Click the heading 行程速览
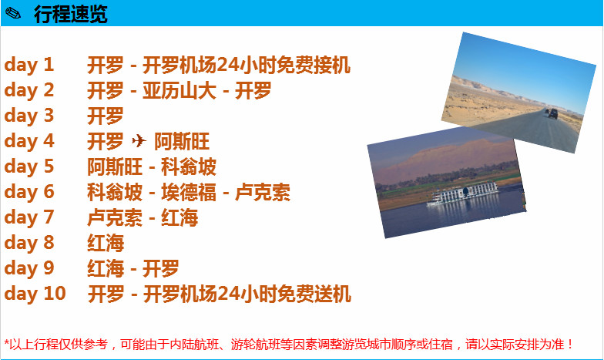click(71, 14)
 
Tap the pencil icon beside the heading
click(13, 14)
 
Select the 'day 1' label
click(29, 65)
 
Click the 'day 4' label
click(29, 141)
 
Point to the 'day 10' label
click(35, 294)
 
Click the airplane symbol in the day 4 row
click(139, 140)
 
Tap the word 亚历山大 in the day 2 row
click(179, 91)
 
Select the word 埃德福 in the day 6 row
click(188, 193)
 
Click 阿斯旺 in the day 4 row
click(182, 142)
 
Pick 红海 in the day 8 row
click(106, 244)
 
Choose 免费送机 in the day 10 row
click(314, 294)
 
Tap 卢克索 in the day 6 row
click(262, 193)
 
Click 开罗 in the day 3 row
click(105, 116)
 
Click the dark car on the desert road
click(553, 114)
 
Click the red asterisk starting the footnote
click(6, 342)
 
